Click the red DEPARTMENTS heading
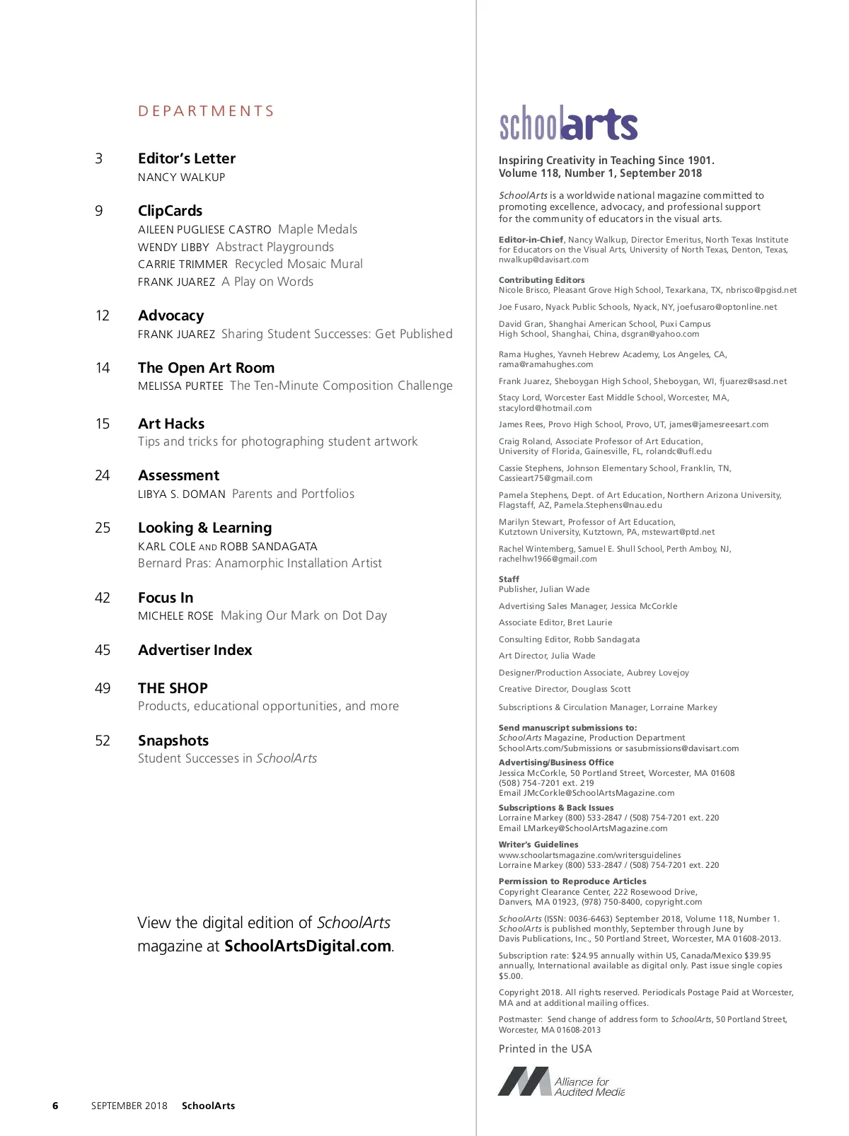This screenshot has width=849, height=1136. (206, 111)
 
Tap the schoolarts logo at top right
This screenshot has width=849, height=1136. (568, 124)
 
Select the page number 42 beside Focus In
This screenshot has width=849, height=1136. (103, 598)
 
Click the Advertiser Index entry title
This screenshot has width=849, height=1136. (195, 650)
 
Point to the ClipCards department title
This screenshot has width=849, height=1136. (170, 211)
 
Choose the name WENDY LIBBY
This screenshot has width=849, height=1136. (173, 248)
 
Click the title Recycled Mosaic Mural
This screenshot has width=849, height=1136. (299, 264)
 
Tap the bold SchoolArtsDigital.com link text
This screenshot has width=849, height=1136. (308, 946)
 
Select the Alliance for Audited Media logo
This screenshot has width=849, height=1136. (561, 1082)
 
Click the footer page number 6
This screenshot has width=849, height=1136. (56, 1106)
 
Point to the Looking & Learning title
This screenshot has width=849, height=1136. (204, 528)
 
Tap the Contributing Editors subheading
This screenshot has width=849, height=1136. (541, 280)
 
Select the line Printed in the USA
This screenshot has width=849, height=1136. (545, 1049)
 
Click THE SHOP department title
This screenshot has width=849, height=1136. (173, 688)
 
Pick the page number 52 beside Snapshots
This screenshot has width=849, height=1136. (103, 741)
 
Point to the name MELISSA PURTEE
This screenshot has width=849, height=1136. (180, 386)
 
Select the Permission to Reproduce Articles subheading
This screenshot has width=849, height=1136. (572, 881)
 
